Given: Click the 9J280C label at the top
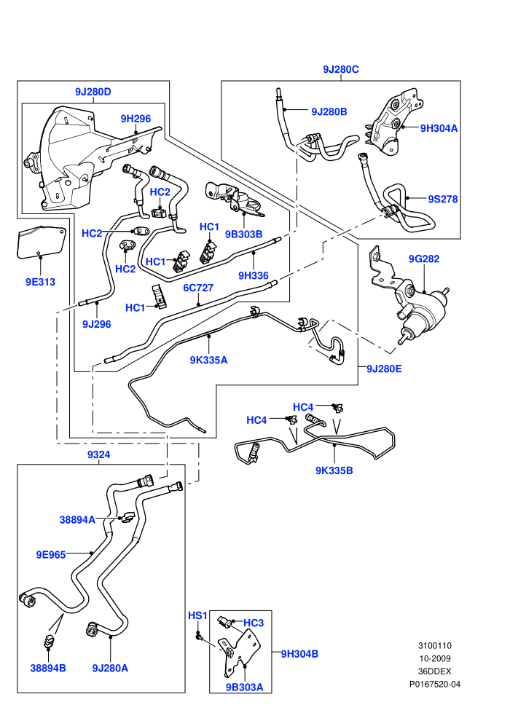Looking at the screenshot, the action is pyautogui.click(x=341, y=69).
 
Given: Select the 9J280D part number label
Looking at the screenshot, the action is pyautogui.click(x=93, y=92).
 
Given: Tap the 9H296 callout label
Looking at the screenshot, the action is pyautogui.click(x=136, y=119).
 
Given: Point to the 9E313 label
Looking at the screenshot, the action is pyautogui.click(x=41, y=282).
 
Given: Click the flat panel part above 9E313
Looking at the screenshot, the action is pyautogui.click(x=41, y=242).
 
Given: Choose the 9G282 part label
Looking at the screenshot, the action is pyautogui.click(x=424, y=259).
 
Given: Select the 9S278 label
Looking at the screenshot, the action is pyautogui.click(x=443, y=199).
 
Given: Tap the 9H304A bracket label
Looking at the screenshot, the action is pyautogui.click(x=439, y=128).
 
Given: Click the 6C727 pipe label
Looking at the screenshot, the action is pyautogui.click(x=198, y=288).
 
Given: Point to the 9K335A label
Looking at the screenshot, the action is pyautogui.click(x=209, y=360).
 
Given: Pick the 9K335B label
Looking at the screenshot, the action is pyautogui.click(x=334, y=471).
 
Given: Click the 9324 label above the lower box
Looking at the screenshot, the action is pyautogui.click(x=99, y=454).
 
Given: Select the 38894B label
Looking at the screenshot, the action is pyautogui.click(x=48, y=668).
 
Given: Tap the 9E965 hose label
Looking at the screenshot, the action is pyautogui.click(x=51, y=554).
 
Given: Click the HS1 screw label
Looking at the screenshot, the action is pyautogui.click(x=197, y=615).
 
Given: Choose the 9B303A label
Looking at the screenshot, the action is pyautogui.click(x=244, y=687).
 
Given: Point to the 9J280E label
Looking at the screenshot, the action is pyautogui.click(x=384, y=369).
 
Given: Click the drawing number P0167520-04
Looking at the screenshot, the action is pyautogui.click(x=435, y=684).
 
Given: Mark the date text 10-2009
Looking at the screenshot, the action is pyautogui.click(x=435, y=658).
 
